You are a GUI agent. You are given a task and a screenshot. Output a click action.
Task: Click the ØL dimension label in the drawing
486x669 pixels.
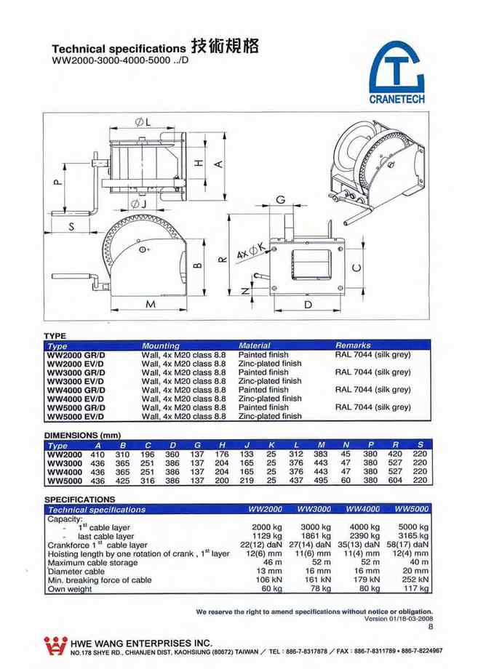[144, 121]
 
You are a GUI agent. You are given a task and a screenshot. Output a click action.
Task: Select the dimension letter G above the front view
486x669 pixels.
[280, 200]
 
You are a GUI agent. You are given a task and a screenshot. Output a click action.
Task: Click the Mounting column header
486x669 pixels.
[161, 345]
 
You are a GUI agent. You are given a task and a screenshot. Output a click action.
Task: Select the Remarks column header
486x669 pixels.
[353, 345]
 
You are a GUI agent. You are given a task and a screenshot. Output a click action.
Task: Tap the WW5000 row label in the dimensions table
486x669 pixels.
[65, 481]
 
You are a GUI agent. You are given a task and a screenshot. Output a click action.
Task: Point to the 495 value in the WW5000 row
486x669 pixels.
[322, 481]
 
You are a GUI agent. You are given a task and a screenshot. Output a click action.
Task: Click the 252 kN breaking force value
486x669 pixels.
[415, 580]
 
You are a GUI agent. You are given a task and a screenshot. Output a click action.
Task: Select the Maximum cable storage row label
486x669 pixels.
[92, 562]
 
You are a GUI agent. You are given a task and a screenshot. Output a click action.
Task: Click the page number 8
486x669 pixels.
[431, 627]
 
